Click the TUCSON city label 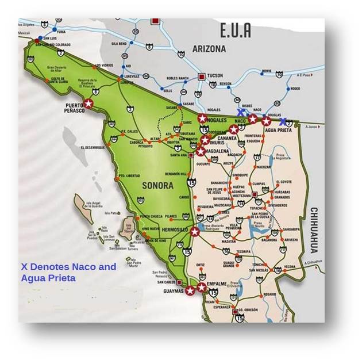pyautogui.click(x=215, y=75)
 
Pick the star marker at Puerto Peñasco pyautogui.click(x=88, y=104)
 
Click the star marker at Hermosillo pyautogui.click(x=195, y=232)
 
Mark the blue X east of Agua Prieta pyautogui.click(x=282, y=122)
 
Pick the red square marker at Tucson pyautogui.click(x=201, y=76)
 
